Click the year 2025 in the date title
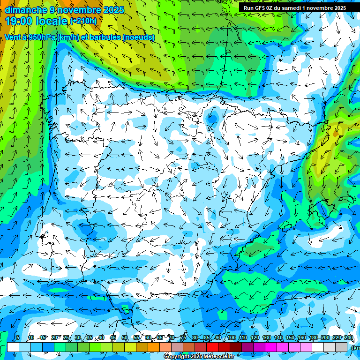(x=114, y=10)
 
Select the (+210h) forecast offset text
(x=83, y=21)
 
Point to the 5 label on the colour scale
(x=18, y=338)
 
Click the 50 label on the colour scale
(x=125, y=338)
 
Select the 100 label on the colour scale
(x=232, y=338)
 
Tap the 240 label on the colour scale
(x=348, y=338)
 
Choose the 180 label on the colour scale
(x=313, y=338)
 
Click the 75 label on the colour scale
(x=183, y=338)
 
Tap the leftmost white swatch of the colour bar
(x=13, y=347)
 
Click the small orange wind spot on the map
(x=335, y=133)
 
